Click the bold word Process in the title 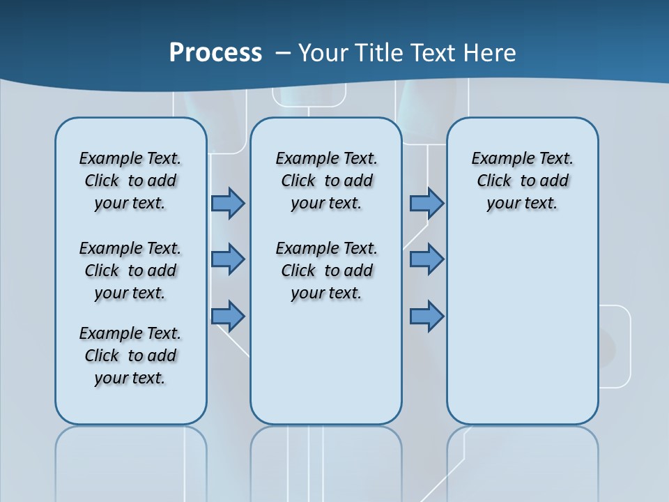[x=215, y=52]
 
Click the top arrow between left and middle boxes [x=228, y=203]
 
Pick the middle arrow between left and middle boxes [x=228, y=259]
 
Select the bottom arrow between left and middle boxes [x=228, y=316]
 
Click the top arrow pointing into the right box [x=426, y=203]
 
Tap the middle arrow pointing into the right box [x=426, y=259]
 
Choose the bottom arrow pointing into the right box [x=426, y=316]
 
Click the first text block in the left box [x=130, y=181]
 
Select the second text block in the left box [x=130, y=271]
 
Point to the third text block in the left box [x=130, y=356]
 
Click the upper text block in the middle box [x=326, y=181]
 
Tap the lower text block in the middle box [x=326, y=271]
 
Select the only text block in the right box [x=522, y=181]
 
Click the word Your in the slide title [x=323, y=52]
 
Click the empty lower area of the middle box [x=326, y=363]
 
